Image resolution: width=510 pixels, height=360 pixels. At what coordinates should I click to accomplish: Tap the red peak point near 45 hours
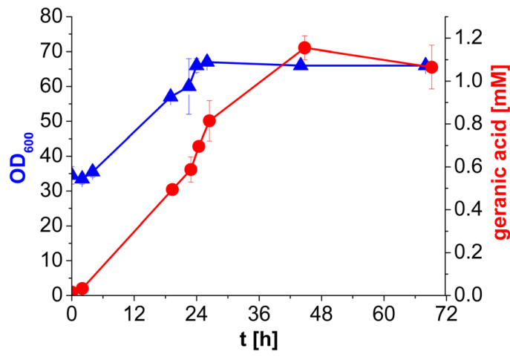pyautogui.click(x=304, y=48)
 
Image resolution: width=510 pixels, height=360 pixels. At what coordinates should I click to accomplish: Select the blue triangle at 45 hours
pyautogui.click(x=301, y=65)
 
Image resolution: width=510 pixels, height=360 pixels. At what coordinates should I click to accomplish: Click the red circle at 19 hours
pyautogui.click(x=172, y=189)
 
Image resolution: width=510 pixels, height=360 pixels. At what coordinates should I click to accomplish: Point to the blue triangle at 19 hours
pyautogui.click(x=171, y=96)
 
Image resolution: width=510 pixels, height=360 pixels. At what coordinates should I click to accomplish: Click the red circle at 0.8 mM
pyautogui.click(x=209, y=121)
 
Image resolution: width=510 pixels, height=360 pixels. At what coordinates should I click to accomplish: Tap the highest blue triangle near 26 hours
pyautogui.click(x=207, y=61)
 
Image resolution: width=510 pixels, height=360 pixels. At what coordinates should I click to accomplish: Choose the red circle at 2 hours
pyautogui.click(x=82, y=289)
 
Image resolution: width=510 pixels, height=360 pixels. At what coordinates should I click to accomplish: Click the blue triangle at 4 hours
pyautogui.click(x=93, y=171)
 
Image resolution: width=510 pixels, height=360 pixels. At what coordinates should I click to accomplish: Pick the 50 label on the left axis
pyautogui.click(x=51, y=121)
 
